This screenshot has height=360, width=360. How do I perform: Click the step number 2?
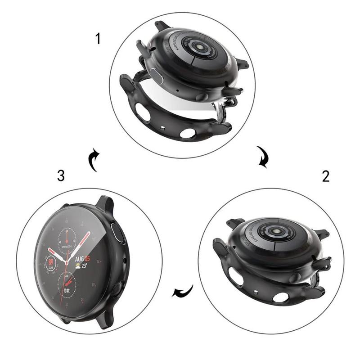click(x=325, y=176)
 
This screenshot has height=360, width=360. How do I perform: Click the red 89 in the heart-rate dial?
click(x=51, y=261)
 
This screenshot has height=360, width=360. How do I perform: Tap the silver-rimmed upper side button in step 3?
click(x=120, y=234)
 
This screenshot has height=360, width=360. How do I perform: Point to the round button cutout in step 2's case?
click(x=280, y=297)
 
